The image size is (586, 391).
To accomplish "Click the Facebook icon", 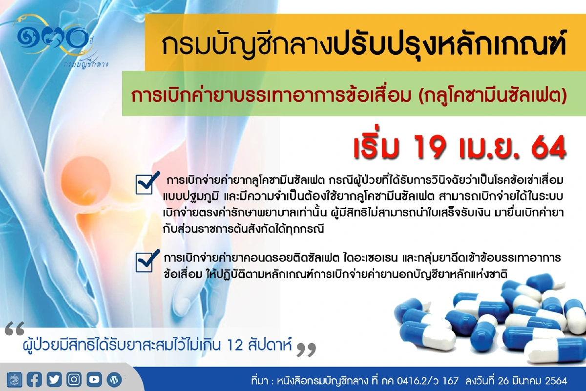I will point(34,379).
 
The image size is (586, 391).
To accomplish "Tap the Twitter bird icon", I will point(54,379).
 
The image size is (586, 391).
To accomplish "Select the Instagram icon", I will point(74,379).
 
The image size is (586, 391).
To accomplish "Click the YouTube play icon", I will point(94,379).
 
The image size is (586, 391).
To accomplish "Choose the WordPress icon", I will point(114,379).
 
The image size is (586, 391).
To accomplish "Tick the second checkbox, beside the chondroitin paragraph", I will point(146,262).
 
